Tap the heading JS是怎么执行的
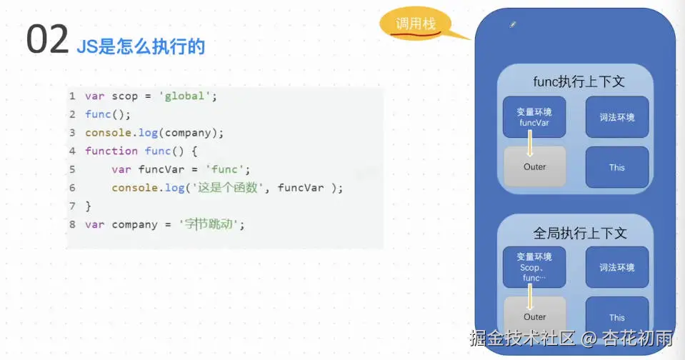tap(141, 47)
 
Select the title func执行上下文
tap(579, 81)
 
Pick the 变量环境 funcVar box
tap(534, 117)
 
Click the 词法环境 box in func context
tap(617, 117)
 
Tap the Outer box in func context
tap(534, 167)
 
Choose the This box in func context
tap(617, 168)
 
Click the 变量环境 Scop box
tap(534, 267)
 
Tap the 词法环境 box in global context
tap(617, 267)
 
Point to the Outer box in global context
tap(534, 316)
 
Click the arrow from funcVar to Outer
tap(530, 145)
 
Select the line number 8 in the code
tap(72, 224)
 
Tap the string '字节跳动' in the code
tap(211, 224)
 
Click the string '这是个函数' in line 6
tap(214, 188)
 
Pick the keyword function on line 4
tap(111, 151)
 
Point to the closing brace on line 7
tap(88, 206)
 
